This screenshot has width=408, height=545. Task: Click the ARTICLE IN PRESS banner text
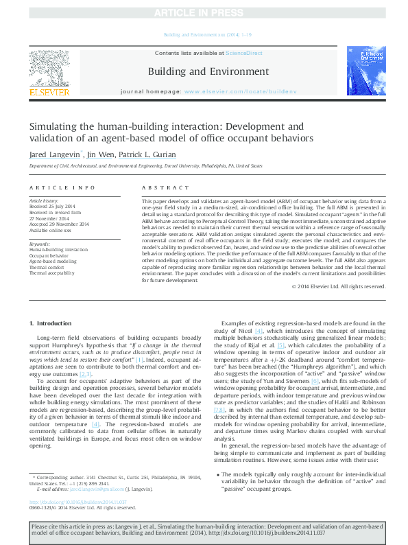click(204, 13)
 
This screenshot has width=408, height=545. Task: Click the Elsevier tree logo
click(48, 68)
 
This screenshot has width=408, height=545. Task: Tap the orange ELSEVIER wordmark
click(48, 92)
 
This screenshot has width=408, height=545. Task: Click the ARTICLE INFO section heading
click(63, 187)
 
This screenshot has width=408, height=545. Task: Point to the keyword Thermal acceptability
click(52, 273)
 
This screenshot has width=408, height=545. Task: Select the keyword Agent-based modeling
click(52, 262)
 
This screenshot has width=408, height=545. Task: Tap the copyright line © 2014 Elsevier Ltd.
click(338, 286)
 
